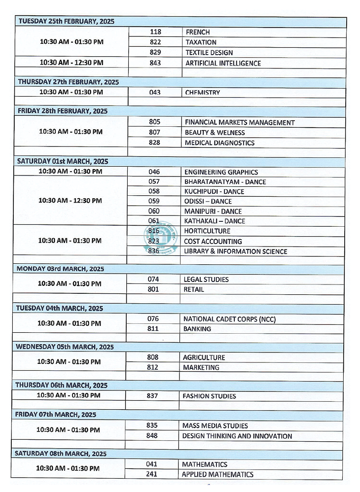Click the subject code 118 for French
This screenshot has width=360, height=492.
pyautogui.click(x=155, y=32)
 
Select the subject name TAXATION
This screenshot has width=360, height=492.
pyautogui.click(x=201, y=42)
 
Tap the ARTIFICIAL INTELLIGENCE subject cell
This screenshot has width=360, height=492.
pyautogui.click(x=223, y=63)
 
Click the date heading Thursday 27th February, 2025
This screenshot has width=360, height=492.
pyautogui.click(x=68, y=82)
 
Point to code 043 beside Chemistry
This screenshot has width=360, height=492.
pyautogui.click(x=155, y=93)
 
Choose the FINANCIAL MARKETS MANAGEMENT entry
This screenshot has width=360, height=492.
pyautogui.click(x=240, y=122)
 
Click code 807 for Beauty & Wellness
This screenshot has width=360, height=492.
pyautogui.click(x=154, y=133)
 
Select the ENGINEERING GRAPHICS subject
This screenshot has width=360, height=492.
pyautogui.click(x=221, y=172)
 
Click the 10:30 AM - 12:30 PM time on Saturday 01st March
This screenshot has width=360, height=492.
pyautogui.click(x=71, y=201)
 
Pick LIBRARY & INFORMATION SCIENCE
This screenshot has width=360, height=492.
pyautogui.click(x=235, y=251)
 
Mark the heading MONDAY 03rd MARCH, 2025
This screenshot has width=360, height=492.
pyautogui.click(x=60, y=269)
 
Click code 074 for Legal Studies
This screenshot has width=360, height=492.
pyautogui.click(x=153, y=280)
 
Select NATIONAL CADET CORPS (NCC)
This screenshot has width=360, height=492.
pyautogui.click(x=229, y=319)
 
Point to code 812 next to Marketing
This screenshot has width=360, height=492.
pyautogui.click(x=153, y=368)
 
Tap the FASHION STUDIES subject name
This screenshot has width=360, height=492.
pyautogui.click(x=209, y=396)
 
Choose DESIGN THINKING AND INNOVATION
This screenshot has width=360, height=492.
pyautogui.click(x=237, y=436)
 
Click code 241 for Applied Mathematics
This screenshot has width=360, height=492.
pyautogui.click(x=151, y=475)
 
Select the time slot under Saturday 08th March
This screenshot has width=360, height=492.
pyautogui.click(x=68, y=469)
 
